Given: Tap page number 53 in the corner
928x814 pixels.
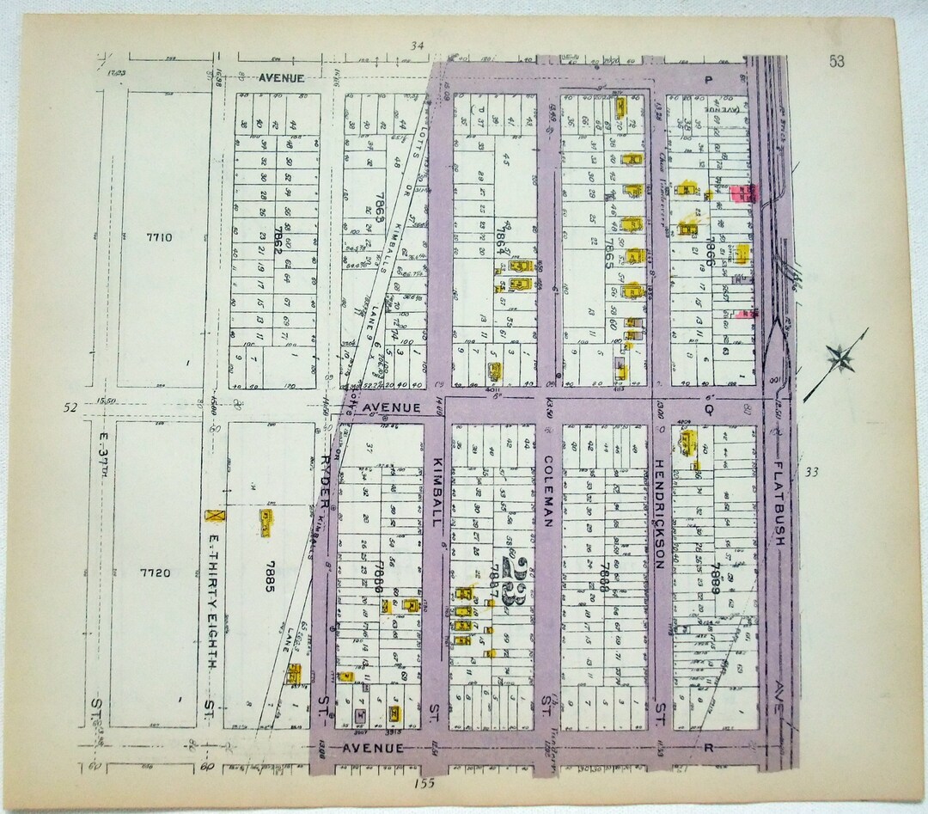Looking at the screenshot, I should tap(836, 60).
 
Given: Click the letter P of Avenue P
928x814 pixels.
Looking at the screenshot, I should tap(709, 78).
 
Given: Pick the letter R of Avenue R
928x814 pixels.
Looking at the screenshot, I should tap(710, 748).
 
